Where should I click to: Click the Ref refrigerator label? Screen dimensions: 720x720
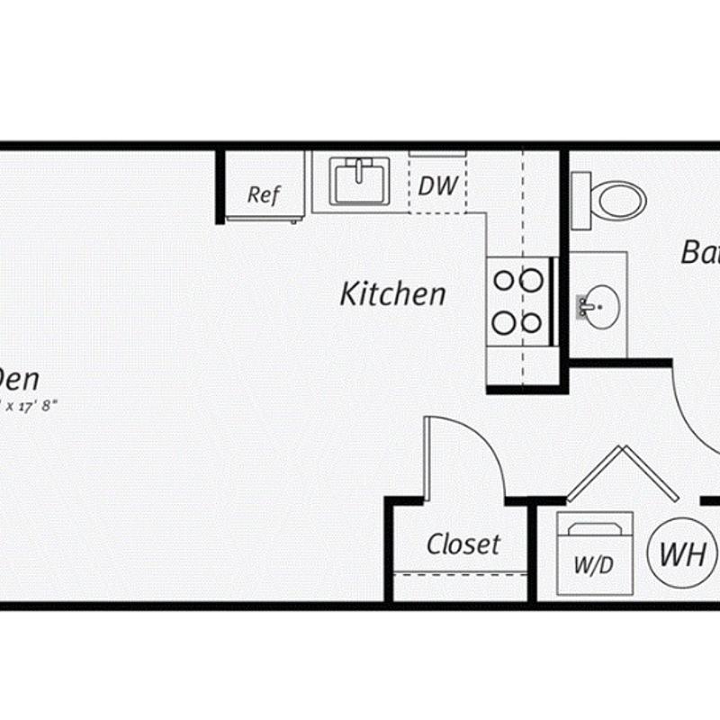[264, 194]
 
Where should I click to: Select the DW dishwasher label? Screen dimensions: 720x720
[438, 185]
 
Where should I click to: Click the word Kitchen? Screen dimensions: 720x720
[392, 294]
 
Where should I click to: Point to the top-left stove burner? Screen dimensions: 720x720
[504, 281]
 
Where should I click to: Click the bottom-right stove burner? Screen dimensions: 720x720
[532, 322]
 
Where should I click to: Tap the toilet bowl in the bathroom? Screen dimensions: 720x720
[622, 200]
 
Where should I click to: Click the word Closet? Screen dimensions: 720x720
[463, 544]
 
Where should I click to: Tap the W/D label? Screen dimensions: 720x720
[593, 566]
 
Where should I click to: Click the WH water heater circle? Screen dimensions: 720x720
[682, 553]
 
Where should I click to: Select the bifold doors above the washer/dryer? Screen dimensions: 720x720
[622, 473]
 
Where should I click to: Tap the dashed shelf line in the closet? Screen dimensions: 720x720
[460, 573]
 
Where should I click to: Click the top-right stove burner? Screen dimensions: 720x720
[532, 281]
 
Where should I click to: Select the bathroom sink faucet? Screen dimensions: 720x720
[586, 305]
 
